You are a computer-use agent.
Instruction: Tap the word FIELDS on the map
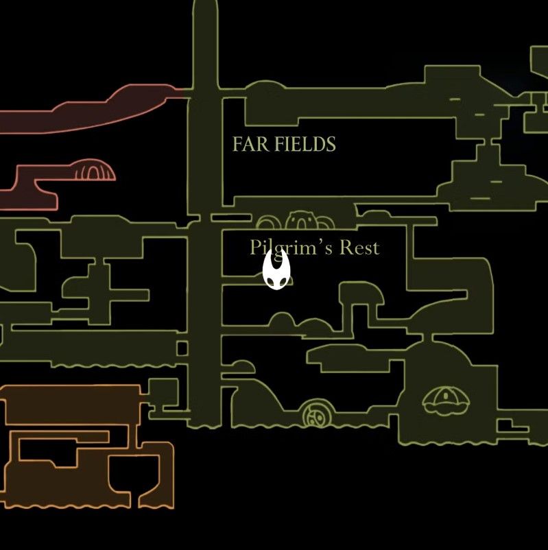point(305,144)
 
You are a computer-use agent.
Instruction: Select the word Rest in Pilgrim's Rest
point(359,248)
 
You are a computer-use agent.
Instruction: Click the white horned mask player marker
point(276,270)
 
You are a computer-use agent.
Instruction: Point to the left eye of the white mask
point(270,281)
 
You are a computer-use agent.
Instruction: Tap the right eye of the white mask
point(283,281)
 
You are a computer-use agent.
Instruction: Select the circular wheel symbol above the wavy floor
point(317,414)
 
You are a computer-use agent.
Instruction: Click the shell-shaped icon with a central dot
point(446,400)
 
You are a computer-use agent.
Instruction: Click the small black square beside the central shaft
point(182,348)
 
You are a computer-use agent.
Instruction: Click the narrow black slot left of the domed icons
point(231,218)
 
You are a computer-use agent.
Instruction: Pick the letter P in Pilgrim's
point(254,248)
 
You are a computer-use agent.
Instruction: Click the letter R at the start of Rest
point(345,248)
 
